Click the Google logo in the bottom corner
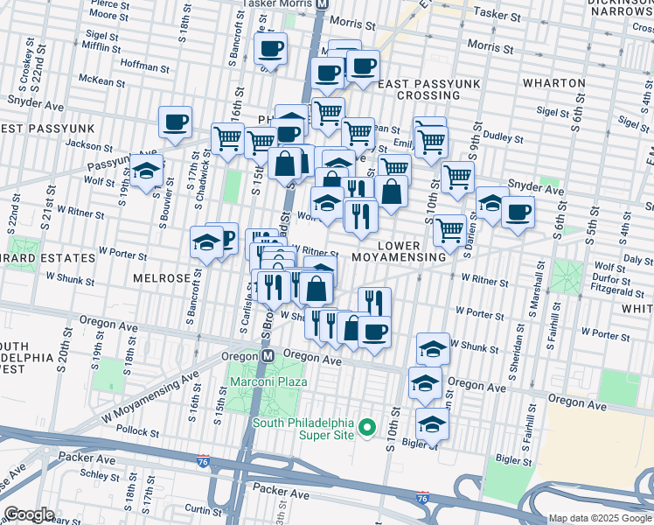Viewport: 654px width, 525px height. coord(28,514)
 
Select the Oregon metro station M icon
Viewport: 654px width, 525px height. coord(268,356)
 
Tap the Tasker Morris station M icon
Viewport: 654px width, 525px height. coord(322,3)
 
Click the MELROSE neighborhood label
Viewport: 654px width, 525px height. coord(161,277)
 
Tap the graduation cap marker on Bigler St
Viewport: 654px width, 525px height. coord(431,423)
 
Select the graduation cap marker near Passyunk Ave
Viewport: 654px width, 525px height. coord(147,170)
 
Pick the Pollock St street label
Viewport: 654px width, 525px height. coord(128,431)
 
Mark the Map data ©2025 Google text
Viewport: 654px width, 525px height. coord(600,518)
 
